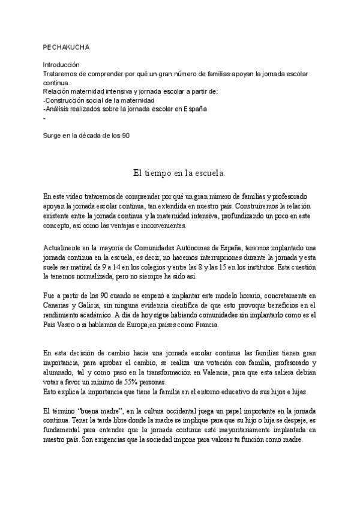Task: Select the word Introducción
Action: (62, 64)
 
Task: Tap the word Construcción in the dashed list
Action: (67, 100)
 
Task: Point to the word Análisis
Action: (59, 109)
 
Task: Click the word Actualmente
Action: (64, 247)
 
